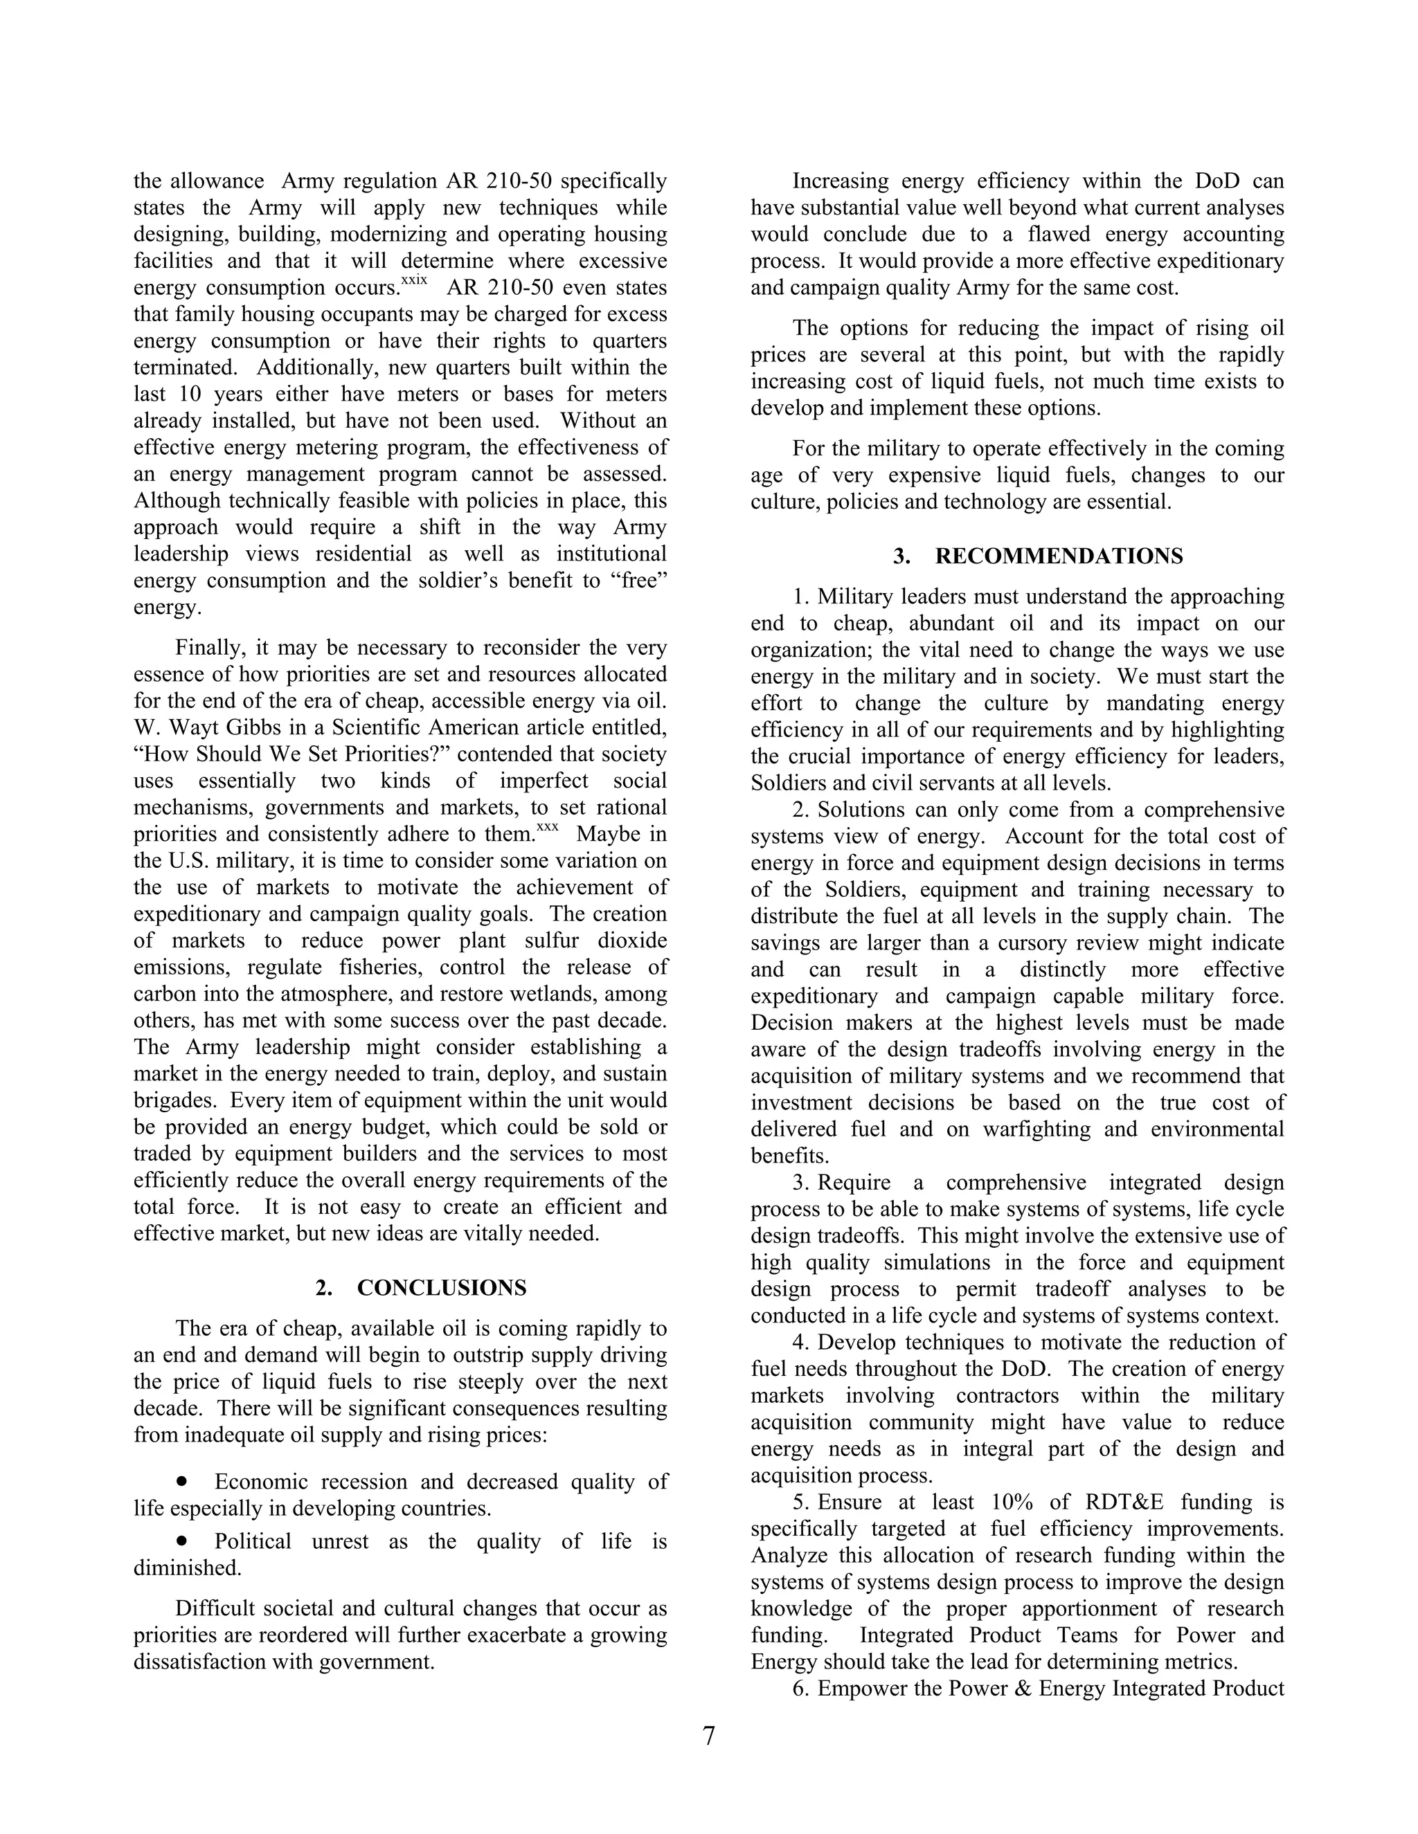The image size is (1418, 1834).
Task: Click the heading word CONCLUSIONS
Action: [442, 1288]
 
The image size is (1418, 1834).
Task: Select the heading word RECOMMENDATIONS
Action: [1059, 556]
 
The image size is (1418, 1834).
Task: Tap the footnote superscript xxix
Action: [413, 280]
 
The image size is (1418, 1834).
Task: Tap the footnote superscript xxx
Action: [547, 827]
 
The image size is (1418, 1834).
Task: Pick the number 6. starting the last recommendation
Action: [800, 1689]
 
